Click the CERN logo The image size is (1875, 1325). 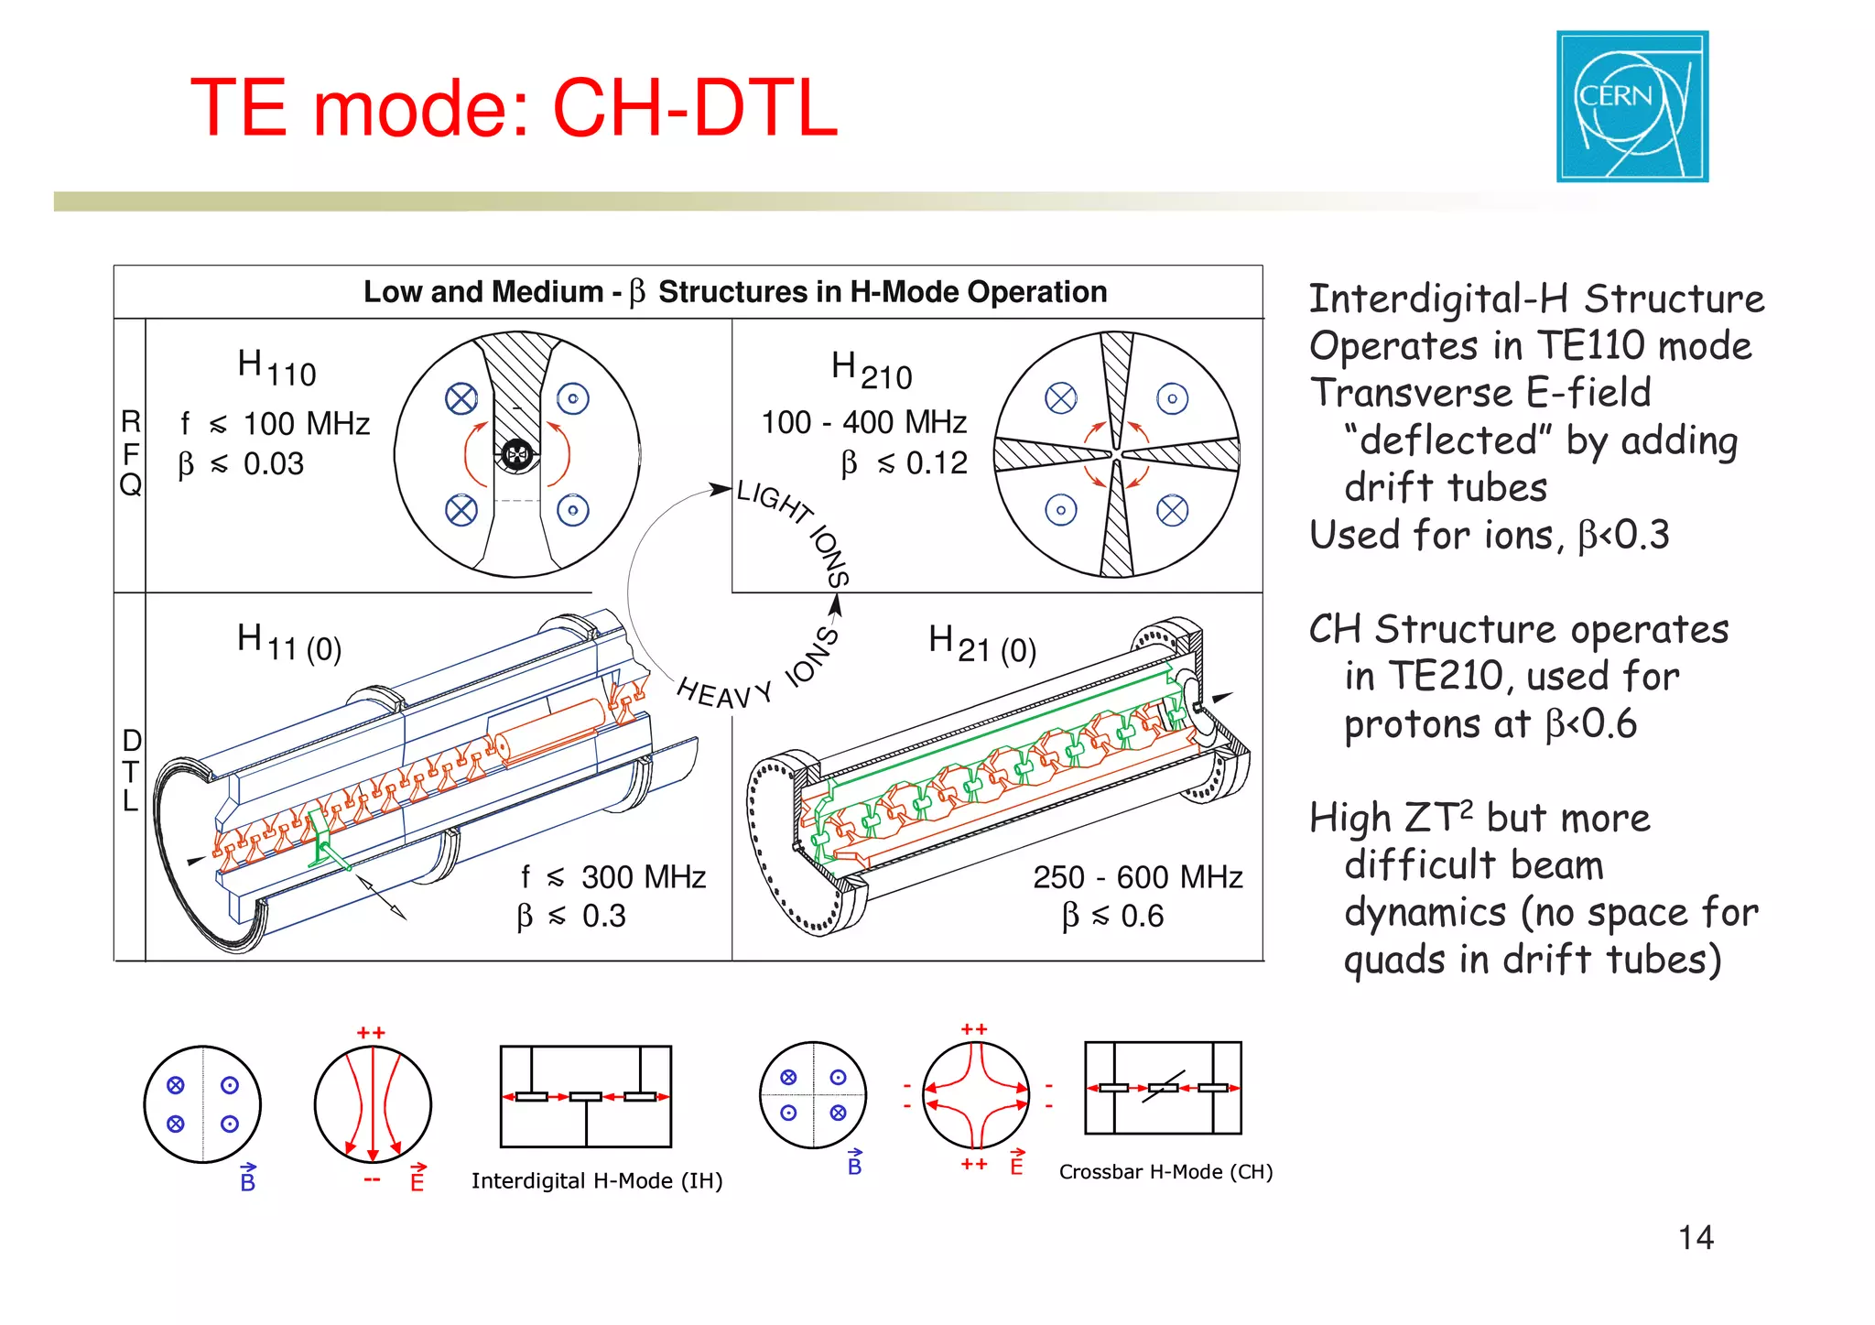pos(1631,106)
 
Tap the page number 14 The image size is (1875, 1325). pos(1695,1237)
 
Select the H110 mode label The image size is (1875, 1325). pos(276,368)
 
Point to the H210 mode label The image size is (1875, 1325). pos(871,371)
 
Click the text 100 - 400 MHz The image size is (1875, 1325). pos(863,422)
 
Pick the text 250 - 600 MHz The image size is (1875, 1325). pos(1137,877)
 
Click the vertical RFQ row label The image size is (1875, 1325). pos(131,453)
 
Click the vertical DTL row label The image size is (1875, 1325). pos(131,770)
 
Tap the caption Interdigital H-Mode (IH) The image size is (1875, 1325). pos(597,1181)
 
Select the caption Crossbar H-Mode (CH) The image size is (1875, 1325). pos(1165,1172)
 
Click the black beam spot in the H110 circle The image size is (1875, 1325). pos(517,454)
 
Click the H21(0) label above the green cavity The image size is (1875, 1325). pos(981,644)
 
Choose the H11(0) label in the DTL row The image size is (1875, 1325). pos(288,643)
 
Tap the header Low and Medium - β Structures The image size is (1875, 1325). pos(734,292)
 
